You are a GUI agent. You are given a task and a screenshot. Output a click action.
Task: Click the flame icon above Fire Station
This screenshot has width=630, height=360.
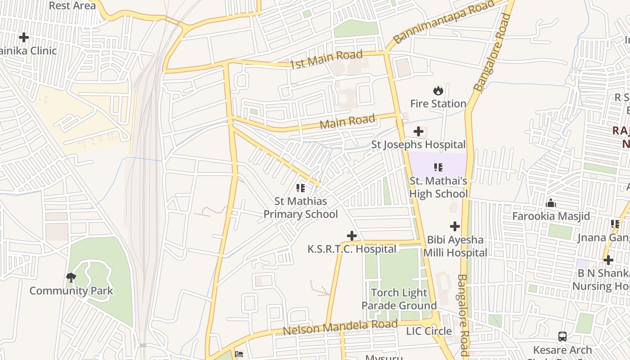pyautogui.click(x=438, y=90)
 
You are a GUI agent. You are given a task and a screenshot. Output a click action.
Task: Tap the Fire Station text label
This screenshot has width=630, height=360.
pyautogui.click(x=438, y=103)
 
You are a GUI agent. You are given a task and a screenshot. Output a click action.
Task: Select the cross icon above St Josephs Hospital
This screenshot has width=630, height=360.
pyautogui.click(x=418, y=131)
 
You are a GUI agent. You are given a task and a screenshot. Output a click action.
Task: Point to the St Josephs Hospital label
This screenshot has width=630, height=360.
pyautogui.click(x=418, y=144)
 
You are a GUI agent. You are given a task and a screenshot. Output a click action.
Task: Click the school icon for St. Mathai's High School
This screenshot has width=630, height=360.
pyautogui.click(x=438, y=167)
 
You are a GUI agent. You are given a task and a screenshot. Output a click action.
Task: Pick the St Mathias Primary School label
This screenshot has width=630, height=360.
pyautogui.click(x=301, y=207)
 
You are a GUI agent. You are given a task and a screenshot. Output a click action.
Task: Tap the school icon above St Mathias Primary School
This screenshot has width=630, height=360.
pyautogui.click(x=301, y=188)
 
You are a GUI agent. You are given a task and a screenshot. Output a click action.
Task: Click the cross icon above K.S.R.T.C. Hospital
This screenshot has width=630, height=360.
pyautogui.click(x=352, y=236)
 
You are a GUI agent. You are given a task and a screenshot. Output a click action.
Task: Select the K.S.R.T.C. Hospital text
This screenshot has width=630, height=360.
pyautogui.click(x=352, y=249)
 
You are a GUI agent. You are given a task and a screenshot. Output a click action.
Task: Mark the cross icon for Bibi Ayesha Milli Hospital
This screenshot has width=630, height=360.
pyautogui.click(x=455, y=226)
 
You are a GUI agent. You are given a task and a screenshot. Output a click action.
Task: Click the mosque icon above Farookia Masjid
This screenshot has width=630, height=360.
pyautogui.click(x=551, y=203)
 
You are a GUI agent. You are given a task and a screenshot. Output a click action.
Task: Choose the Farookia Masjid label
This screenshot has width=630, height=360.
pyautogui.click(x=551, y=216)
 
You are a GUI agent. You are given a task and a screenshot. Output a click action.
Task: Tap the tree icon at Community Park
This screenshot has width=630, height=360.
pyautogui.click(x=71, y=277)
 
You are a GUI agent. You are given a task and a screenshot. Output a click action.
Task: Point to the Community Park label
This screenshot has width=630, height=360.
pyautogui.click(x=71, y=291)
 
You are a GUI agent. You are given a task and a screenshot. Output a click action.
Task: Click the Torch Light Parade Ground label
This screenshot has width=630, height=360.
pyautogui.click(x=399, y=299)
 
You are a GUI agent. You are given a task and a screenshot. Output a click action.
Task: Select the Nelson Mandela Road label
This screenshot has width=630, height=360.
pyautogui.click(x=340, y=328)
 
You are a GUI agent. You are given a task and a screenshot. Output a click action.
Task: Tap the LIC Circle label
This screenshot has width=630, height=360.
pyautogui.click(x=429, y=331)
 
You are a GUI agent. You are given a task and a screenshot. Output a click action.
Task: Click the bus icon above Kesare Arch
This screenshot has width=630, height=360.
pyautogui.click(x=562, y=337)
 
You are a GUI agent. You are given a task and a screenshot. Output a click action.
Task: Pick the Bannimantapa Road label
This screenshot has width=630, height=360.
pyautogui.click(x=443, y=22)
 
